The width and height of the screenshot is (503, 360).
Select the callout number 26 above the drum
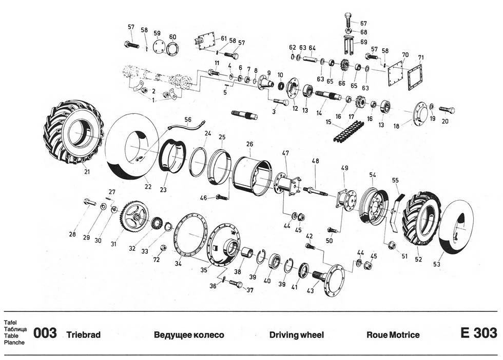coord(249,145)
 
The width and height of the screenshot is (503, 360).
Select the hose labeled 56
coord(188,125)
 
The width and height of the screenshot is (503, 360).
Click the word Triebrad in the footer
coord(84,335)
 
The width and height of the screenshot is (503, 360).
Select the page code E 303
coord(478,333)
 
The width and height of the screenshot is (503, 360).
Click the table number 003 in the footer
coord(45,334)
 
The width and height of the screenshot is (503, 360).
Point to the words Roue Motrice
coord(393,335)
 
